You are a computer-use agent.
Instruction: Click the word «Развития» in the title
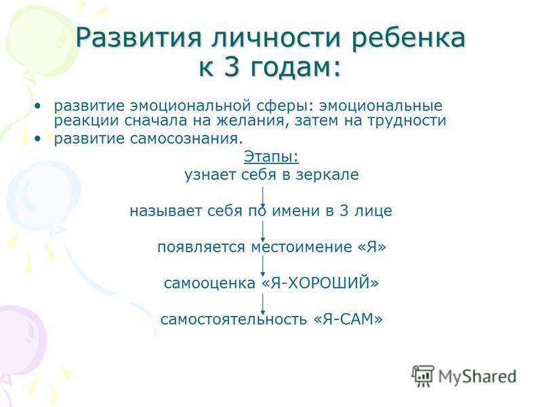tap(138, 37)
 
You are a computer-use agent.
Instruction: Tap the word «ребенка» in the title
tap(409, 37)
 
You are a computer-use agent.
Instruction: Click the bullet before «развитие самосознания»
tap(38, 139)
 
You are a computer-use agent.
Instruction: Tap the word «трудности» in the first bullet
tap(407, 121)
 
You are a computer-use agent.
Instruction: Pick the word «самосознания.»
tap(187, 139)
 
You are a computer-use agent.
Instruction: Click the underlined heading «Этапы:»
tap(272, 157)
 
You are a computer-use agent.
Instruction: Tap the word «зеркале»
tap(327, 175)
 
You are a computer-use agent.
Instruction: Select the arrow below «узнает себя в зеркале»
tap(263, 197)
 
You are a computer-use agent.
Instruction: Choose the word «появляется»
tap(201, 247)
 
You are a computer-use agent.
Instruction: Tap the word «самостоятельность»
tap(234, 319)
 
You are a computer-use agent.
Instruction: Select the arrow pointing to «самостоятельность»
tap(263, 304)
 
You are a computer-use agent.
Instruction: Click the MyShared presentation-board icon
tap(422, 376)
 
